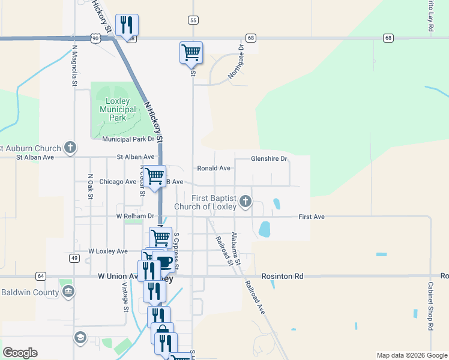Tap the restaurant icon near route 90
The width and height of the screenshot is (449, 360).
point(127,25)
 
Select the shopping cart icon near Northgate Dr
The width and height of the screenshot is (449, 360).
point(191,52)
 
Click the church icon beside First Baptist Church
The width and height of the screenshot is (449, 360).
point(245,202)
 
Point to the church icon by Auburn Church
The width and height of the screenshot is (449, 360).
point(70,148)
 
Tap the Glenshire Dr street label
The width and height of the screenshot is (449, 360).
point(269,159)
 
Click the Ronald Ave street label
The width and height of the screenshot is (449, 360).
point(214,169)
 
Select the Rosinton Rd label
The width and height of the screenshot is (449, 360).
point(283,276)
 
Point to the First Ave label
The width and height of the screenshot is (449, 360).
point(312,217)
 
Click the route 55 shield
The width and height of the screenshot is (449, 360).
point(193,20)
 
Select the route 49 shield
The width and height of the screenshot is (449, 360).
point(74,258)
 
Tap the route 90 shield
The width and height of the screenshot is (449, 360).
point(95,38)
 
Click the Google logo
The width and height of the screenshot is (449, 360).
point(20,353)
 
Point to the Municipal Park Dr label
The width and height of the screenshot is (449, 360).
point(128,139)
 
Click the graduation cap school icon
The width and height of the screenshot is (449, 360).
point(80,338)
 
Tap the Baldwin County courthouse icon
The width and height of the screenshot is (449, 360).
point(68,292)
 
